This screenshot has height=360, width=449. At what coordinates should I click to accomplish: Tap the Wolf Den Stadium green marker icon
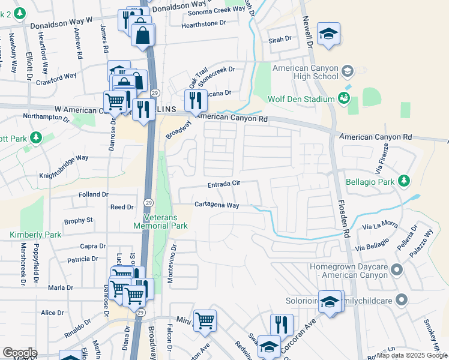(x=344, y=98)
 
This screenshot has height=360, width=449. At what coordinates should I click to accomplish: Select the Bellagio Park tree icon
(x=405, y=180)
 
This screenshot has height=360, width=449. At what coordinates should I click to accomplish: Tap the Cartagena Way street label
(x=216, y=205)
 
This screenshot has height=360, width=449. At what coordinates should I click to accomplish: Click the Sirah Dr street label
(x=279, y=38)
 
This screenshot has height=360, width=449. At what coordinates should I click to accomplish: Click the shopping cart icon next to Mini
(x=205, y=320)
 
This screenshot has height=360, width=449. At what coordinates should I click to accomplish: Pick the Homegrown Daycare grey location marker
(x=396, y=271)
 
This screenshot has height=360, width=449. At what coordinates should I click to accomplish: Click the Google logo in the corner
(x=20, y=353)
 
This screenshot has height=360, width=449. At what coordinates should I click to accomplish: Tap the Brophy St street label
(x=79, y=221)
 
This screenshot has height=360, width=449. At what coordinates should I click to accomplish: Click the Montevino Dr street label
(x=175, y=254)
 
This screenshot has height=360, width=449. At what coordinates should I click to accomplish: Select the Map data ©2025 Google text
(x=412, y=355)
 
